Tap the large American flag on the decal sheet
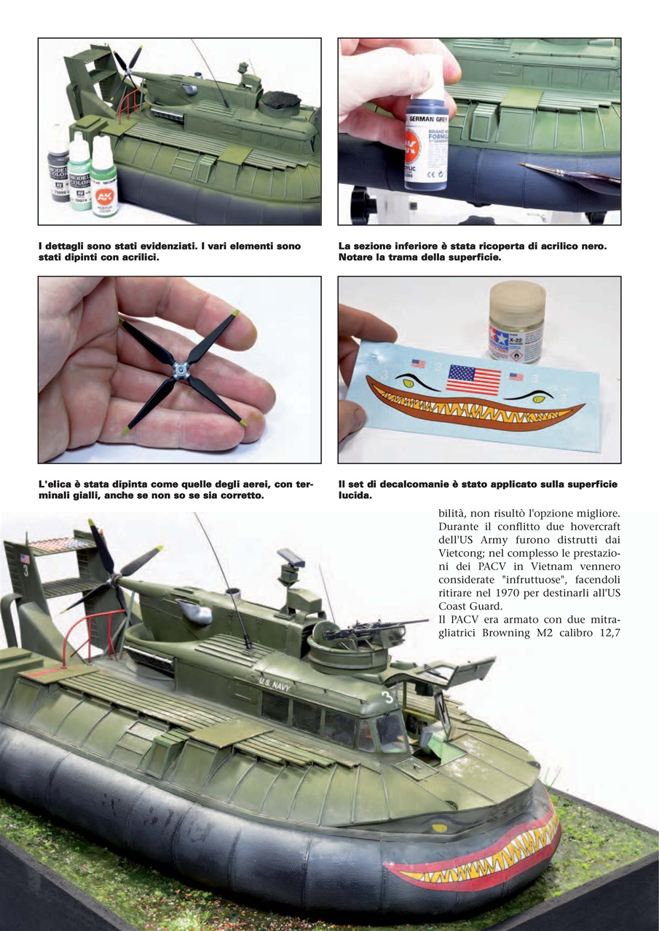[473, 380]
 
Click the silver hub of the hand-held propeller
[181, 369]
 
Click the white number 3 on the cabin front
[387, 697]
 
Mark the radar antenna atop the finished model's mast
[291, 559]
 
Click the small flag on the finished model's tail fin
[25, 559]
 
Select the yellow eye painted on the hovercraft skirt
[439, 828]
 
